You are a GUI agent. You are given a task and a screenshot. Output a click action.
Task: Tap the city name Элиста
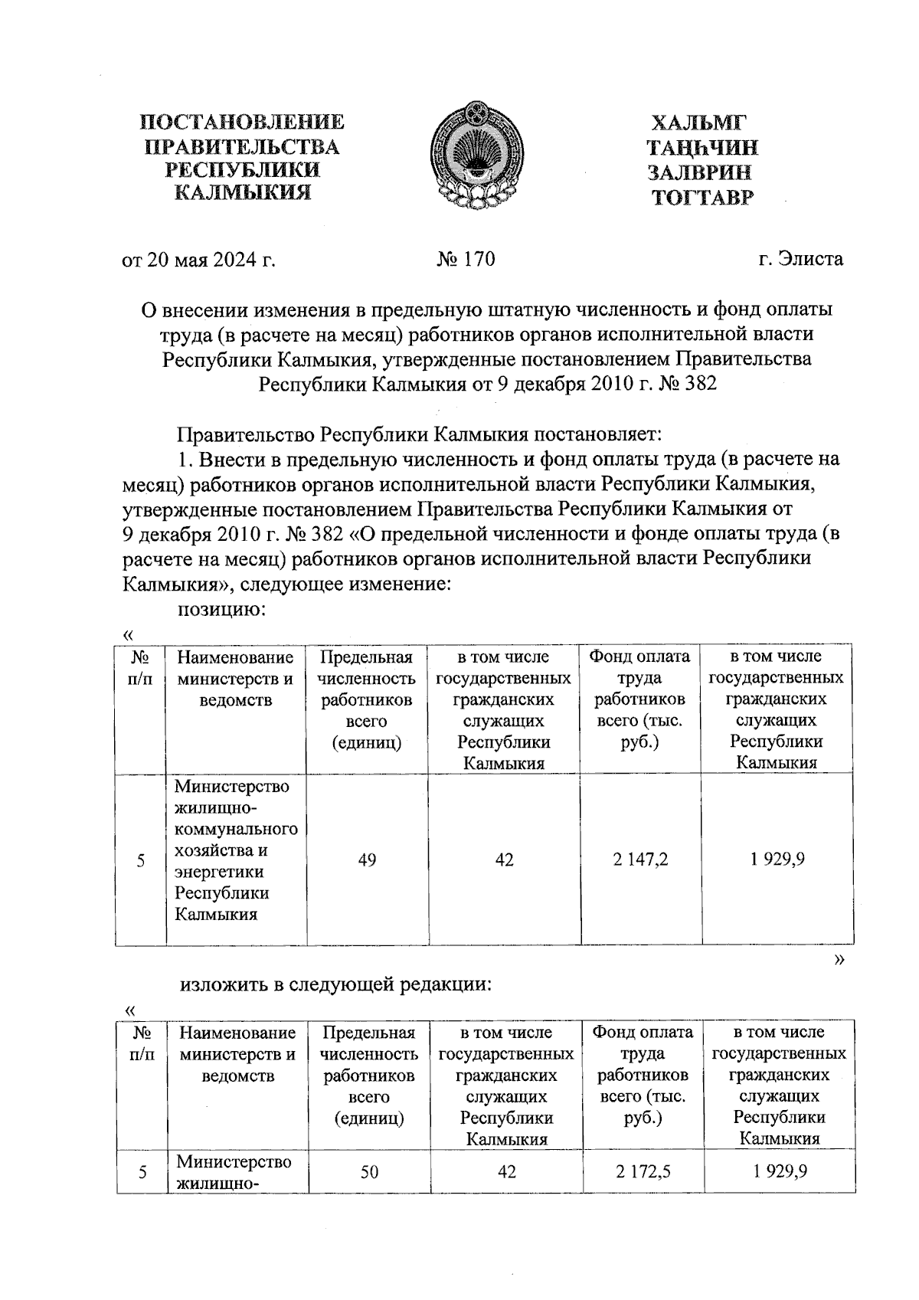pyautogui.click(x=811, y=259)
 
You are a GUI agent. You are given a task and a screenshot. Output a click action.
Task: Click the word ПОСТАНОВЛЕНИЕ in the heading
pyautogui.click(x=242, y=123)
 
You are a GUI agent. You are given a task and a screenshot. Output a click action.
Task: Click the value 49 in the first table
pyautogui.click(x=367, y=860)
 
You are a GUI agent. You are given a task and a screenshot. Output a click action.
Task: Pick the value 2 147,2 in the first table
pyautogui.click(x=640, y=860)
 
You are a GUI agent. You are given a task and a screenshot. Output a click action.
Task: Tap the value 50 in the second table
pyautogui.click(x=369, y=1172)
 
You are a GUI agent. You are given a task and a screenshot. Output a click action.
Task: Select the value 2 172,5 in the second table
pyautogui.click(x=643, y=1172)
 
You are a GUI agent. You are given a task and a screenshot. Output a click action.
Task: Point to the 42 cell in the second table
pyautogui.click(x=507, y=1172)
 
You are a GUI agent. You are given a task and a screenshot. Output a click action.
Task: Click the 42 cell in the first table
pyautogui.click(x=504, y=860)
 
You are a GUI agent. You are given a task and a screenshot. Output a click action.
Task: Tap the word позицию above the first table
pyautogui.click(x=221, y=610)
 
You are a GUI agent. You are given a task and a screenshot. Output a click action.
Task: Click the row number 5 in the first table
pyautogui.click(x=141, y=860)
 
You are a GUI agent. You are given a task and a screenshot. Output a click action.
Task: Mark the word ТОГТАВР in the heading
pyautogui.click(x=702, y=198)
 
